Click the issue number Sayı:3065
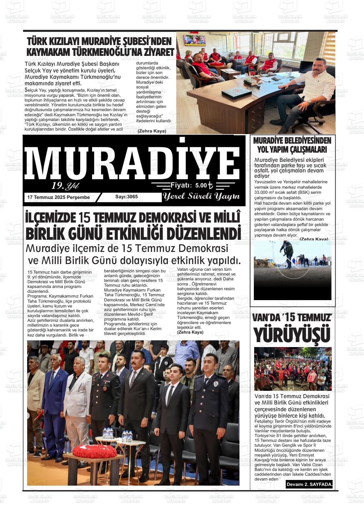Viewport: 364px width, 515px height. pos(126,197)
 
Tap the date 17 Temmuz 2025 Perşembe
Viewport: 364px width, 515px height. pos(58,197)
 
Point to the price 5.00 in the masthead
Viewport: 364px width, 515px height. pos(201,186)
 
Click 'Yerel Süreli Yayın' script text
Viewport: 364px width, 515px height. pos(201,196)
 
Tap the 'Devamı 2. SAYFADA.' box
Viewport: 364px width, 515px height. pos(309,485)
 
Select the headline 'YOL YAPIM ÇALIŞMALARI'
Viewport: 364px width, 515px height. pos(292,149)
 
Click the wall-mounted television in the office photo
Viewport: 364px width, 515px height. pos(194,40)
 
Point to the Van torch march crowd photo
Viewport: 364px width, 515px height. pos(293,369)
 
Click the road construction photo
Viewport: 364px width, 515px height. pos(292,270)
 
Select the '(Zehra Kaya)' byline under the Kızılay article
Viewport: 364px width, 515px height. pos(152,131)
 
